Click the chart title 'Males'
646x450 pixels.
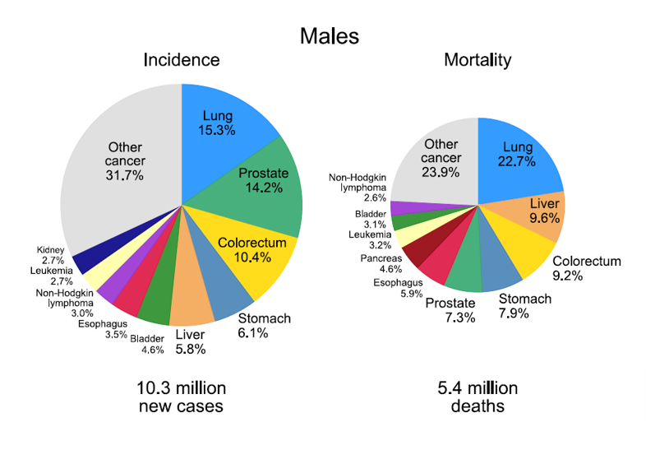[329, 36]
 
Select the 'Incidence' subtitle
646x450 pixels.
[181, 60]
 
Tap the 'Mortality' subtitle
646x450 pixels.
[477, 60]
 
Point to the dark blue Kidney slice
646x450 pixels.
[87, 262]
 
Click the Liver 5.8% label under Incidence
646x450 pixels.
[190, 341]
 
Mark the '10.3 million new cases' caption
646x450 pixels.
[181, 397]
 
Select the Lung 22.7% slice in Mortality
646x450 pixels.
[518, 156]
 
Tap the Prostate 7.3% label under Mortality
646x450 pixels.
[450, 311]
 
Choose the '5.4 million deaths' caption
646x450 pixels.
[477, 397]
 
